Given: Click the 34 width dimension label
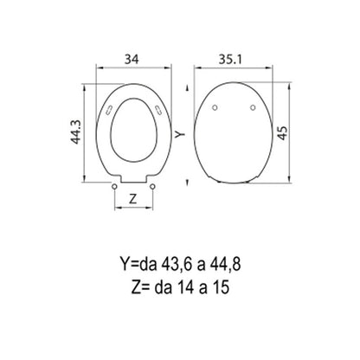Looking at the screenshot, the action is pyautogui.click(x=132, y=59).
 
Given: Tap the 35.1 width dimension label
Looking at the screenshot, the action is pyautogui.click(x=230, y=59).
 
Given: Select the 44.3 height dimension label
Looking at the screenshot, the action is pyautogui.click(x=76, y=132).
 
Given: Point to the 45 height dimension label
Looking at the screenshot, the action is pyautogui.click(x=283, y=132).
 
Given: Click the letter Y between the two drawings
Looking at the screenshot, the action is pyautogui.click(x=180, y=133).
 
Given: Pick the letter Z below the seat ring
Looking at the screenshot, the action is pyautogui.click(x=132, y=199).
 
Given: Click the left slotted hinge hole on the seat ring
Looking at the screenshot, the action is pyautogui.click(x=110, y=110).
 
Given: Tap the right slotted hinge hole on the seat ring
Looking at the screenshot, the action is pyautogui.click(x=158, y=110).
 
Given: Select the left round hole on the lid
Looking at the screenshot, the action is pyautogui.click(x=215, y=107).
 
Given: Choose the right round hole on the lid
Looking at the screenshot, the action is pyautogui.click(x=253, y=107).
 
